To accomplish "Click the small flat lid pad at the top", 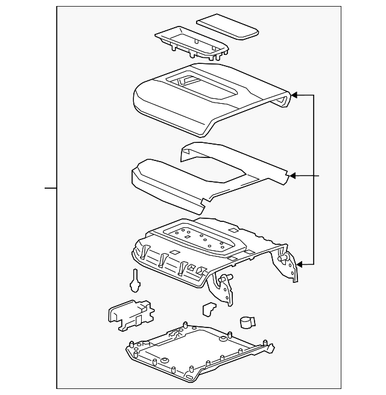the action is click(x=227, y=27).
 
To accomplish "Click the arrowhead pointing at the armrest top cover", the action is click(x=294, y=95).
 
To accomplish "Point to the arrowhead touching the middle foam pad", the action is click(x=293, y=176).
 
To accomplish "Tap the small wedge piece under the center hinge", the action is click(x=209, y=309).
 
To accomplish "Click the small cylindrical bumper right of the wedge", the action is click(x=247, y=322).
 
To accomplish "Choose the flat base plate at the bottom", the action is click(x=193, y=356).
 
